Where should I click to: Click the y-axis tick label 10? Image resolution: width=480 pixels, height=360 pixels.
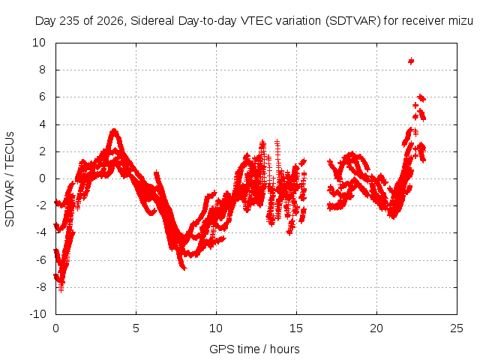[39, 43]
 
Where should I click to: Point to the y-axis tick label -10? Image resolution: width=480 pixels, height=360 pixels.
[37, 314]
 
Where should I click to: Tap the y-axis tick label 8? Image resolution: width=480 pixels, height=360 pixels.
[42, 70]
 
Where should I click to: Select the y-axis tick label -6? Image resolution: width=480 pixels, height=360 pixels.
[40, 260]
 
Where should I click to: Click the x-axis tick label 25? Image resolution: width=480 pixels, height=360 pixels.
[457, 328]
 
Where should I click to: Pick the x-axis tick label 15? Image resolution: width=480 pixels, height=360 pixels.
[296, 328]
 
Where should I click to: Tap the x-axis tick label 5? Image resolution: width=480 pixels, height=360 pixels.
[136, 328]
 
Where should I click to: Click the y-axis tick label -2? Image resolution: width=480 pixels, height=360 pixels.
[40, 205]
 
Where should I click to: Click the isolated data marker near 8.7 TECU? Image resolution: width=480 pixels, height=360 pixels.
[411, 61]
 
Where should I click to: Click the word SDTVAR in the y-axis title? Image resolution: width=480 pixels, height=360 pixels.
[10, 203]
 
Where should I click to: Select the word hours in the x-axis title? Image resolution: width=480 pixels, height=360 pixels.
[285, 349]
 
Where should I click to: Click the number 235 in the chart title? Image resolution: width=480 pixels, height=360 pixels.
[70, 21]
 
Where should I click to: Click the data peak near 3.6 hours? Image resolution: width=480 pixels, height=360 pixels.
[115, 131]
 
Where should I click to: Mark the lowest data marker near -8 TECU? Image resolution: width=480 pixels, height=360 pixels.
[61, 289]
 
